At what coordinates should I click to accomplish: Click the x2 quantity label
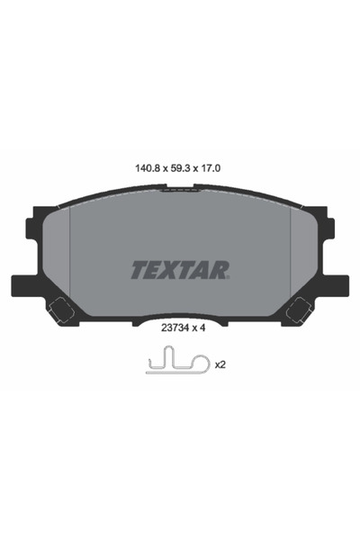tap(220, 365)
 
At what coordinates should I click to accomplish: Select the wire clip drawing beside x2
tap(175, 364)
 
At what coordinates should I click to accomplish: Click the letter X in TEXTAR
tap(173, 268)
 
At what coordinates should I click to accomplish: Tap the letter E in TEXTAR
tap(152, 268)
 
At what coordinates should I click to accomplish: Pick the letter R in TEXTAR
tap(222, 268)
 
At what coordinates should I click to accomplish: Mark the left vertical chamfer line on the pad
tap(69, 252)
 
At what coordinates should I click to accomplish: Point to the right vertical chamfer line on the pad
tap(290, 252)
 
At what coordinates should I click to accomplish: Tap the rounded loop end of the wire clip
tap(200, 366)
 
